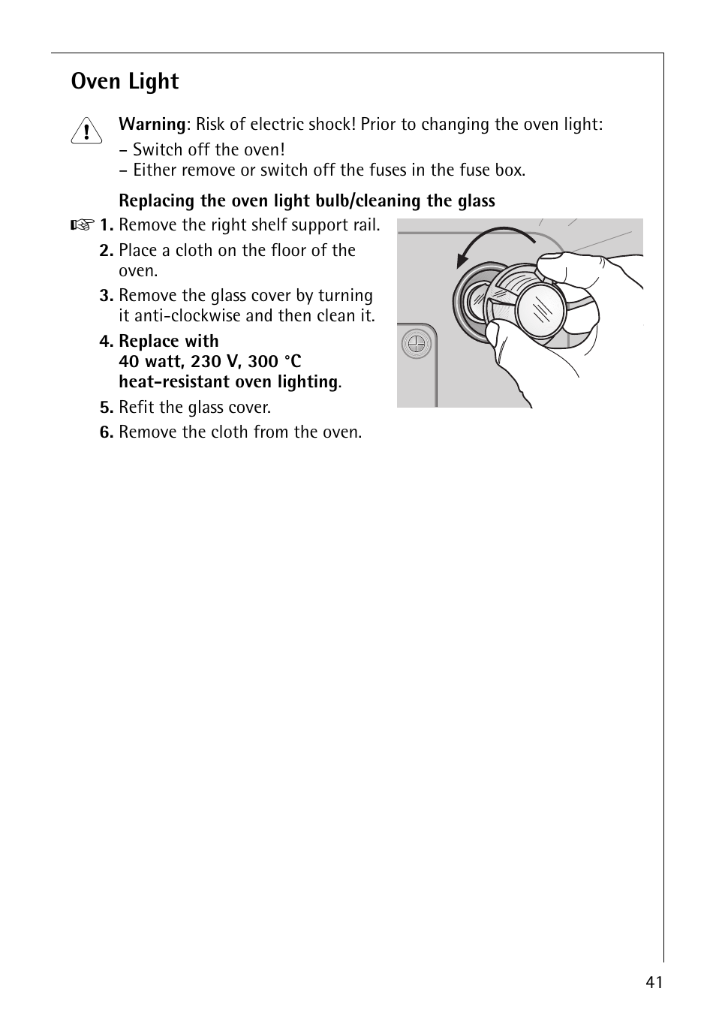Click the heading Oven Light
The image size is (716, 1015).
(125, 81)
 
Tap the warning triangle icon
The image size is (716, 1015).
(87, 131)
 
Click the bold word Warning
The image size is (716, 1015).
(152, 124)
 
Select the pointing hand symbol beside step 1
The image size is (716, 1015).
(83, 225)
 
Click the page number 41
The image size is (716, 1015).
(654, 983)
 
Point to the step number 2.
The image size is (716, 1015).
(106, 251)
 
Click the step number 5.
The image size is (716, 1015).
(106, 408)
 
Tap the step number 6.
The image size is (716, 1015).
(106, 432)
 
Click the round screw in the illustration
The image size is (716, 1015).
(414, 345)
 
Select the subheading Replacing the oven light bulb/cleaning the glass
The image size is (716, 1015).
(307, 201)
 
